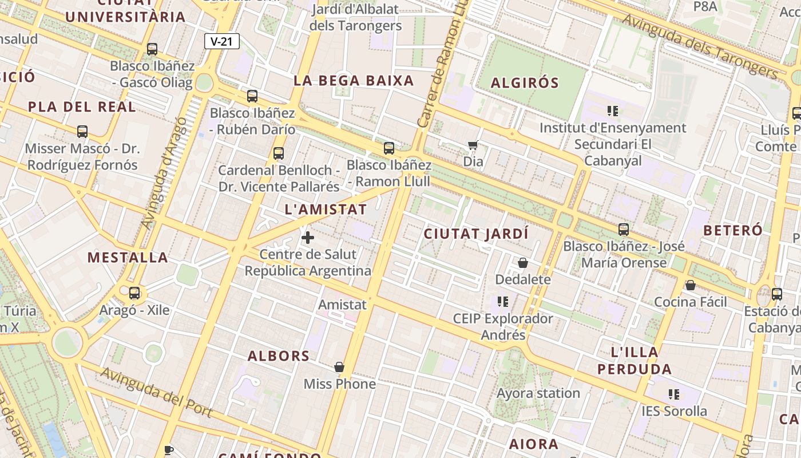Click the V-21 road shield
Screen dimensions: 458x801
click(x=221, y=41)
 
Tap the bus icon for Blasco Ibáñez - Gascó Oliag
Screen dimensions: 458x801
click(x=152, y=49)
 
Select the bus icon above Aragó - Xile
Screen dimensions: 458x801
click(x=134, y=293)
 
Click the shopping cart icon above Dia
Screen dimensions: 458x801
click(x=473, y=145)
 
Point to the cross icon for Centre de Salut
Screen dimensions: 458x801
click(x=308, y=237)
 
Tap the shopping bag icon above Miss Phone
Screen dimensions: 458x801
click(x=339, y=366)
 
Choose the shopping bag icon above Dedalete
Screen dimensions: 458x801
click(x=522, y=263)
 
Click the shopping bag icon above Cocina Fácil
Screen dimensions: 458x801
click(x=691, y=285)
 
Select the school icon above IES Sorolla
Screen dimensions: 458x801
click(x=674, y=394)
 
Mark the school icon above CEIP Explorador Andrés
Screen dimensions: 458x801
click(x=503, y=301)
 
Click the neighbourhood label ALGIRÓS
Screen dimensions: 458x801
click(x=525, y=83)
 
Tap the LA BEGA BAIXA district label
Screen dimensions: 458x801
click(x=354, y=81)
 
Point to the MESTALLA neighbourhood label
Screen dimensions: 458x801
click(x=128, y=258)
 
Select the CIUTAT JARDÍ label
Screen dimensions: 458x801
click(x=476, y=234)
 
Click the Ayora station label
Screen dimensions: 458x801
click(x=538, y=393)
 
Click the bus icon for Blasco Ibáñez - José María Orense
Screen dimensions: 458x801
click(x=624, y=230)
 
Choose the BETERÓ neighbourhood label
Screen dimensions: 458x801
click(x=732, y=231)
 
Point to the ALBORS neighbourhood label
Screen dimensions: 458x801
click(x=279, y=356)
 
